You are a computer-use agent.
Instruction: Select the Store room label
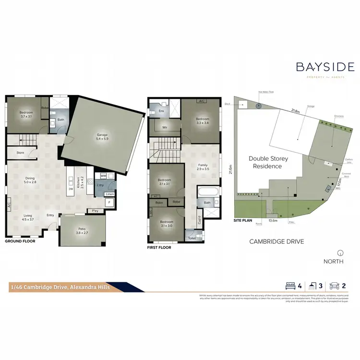pyautogui.click(x=20, y=153)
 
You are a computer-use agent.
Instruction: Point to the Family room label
pyautogui.click(x=204, y=167)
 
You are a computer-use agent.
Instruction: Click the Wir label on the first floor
pyautogui.click(x=165, y=128)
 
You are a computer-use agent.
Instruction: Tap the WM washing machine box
pyautogui.click(x=103, y=176)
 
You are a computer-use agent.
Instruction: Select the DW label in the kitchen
pyautogui.click(x=71, y=189)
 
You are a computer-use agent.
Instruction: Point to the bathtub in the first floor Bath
pyautogui.click(x=208, y=193)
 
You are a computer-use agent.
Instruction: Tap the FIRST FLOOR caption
pyautogui.click(x=159, y=248)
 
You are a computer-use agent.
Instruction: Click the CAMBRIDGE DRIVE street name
pyautogui.click(x=276, y=242)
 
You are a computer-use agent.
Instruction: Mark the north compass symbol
pyautogui.click(x=340, y=252)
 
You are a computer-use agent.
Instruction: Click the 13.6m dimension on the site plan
pyautogui.click(x=273, y=221)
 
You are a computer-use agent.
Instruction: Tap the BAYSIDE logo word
pyautogui.click(x=325, y=67)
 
